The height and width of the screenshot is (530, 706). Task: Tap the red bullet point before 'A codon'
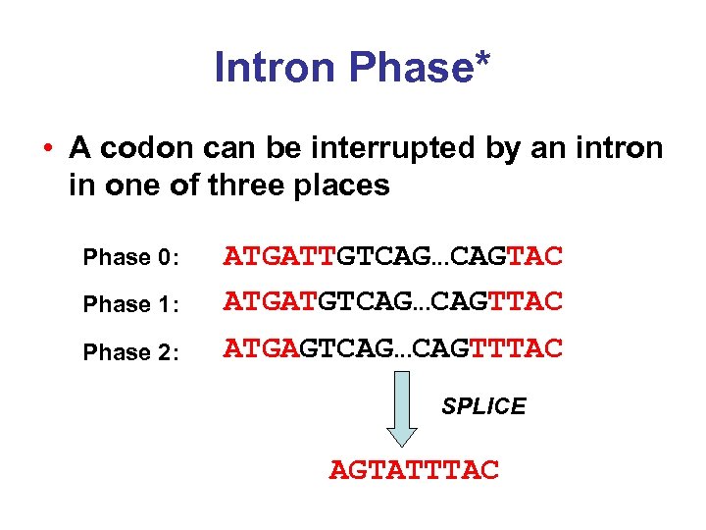pos(47,150)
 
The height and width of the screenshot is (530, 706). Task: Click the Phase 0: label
pos(130,258)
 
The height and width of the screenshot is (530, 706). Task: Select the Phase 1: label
pos(130,304)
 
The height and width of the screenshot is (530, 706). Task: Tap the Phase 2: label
pos(130,352)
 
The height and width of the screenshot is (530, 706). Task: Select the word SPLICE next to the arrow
pos(483,406)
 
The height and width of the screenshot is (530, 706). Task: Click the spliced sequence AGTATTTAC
pos(414,471)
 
